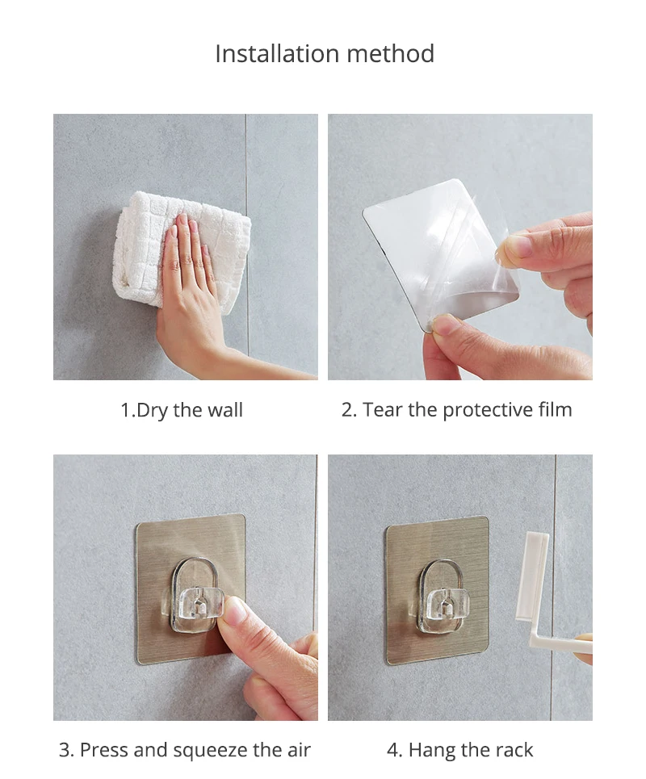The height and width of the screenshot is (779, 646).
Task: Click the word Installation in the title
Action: (277, 53)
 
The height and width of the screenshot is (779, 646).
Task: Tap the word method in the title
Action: (391, 53)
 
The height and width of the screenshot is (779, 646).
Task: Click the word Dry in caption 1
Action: (152, 411)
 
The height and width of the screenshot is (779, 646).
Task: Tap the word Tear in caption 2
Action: (382, 410)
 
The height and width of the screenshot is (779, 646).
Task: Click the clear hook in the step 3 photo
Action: (197, 597)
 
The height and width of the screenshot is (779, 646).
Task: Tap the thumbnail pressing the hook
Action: (236, 610)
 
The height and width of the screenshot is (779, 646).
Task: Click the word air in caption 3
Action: (298, 750)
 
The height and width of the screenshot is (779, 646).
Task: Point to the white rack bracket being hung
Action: (539, 597)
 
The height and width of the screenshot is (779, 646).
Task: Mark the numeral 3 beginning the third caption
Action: (64, 750)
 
